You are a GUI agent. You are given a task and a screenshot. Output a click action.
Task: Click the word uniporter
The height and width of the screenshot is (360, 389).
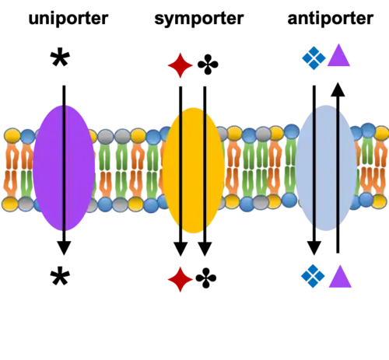(68, 19)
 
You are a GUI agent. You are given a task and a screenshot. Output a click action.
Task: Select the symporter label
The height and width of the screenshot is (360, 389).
(199, 19)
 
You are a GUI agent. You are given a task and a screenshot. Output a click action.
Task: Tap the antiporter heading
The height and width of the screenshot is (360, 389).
(331, 19)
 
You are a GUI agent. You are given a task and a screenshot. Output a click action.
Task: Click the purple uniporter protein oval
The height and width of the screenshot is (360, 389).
(64, 168)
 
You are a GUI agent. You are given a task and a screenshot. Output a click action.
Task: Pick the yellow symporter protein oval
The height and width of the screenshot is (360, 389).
(193, 170)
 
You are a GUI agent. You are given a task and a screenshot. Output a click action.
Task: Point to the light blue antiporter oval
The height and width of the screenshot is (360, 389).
(326, 168)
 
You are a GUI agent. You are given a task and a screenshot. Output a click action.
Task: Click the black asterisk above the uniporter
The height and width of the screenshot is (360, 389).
(60, 58)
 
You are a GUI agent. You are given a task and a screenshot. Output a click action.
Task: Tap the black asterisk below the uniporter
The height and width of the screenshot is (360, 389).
(60, 277)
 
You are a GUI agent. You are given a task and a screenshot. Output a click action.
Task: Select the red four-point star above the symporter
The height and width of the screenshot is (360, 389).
(180, 65)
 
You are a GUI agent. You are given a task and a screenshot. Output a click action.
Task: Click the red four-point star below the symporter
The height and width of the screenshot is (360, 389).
(180, 279)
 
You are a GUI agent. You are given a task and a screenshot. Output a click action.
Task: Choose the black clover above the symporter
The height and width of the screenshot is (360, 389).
(208, 65)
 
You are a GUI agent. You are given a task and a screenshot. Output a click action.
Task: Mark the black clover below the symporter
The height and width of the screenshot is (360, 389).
(206, 278)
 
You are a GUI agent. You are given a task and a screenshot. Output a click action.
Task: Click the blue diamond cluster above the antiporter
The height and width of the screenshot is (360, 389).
(314, 58)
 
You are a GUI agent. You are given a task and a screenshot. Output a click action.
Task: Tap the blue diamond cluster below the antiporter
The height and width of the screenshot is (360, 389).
(313, 276)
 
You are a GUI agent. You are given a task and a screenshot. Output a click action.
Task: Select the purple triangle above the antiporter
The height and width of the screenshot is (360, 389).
(338, 55)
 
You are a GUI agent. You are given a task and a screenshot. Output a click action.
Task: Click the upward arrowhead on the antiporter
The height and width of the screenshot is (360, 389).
(338, 89)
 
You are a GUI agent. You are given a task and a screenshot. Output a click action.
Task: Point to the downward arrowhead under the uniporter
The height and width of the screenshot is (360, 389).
(64, 248)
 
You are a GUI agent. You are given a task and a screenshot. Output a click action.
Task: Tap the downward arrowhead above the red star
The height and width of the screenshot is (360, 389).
(180, 250)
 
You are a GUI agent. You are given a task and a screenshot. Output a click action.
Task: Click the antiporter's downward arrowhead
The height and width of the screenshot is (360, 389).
(314, 248)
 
